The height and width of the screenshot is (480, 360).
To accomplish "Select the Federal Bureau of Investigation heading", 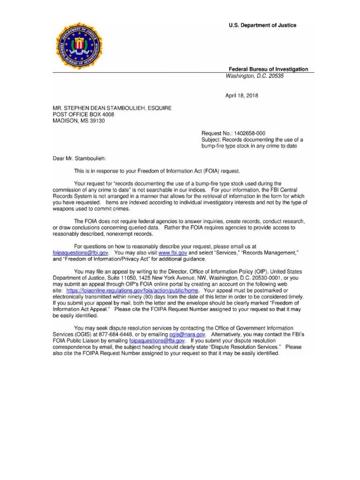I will pyautogui.click(x=268, y=69).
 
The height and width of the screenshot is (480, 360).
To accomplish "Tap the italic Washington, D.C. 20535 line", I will pyautogui.click(x=255, y=76).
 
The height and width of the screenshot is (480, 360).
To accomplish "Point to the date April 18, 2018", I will pyautogui.click(x=242, y=96).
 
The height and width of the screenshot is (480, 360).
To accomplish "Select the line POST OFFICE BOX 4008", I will pyautogui.click(x=83, y=114).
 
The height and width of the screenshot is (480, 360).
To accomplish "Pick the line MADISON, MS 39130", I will pyautogui.click(x=78, y=120).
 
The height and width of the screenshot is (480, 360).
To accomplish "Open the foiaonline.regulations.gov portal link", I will pyautogui.click(x=129, y=291).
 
